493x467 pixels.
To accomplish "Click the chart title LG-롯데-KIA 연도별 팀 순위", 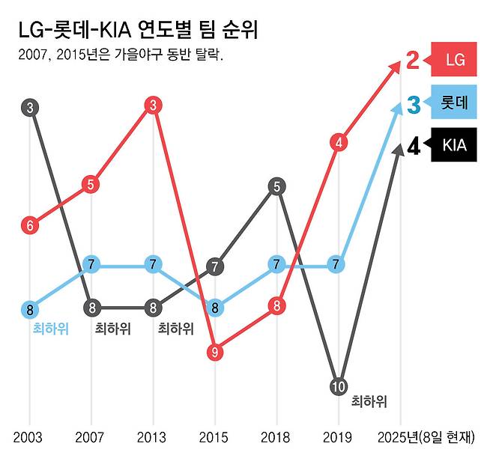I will tap(143, 31).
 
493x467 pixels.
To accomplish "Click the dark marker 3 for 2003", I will tap(30, 108).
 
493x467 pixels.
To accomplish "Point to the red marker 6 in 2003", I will tap(30, 225).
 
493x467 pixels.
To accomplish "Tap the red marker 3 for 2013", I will tap(153, 105).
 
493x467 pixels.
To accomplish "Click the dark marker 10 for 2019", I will tap(339, 386).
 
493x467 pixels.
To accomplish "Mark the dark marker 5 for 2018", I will tap(277, 186).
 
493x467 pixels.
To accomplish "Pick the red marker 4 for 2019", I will tap(339, 142).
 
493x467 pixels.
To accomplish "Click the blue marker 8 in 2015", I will tap(215, 307).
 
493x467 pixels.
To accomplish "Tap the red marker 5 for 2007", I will tap(91, 184).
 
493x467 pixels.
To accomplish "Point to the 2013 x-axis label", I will tap(153, 437).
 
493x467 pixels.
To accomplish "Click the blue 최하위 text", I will tap(51, 329).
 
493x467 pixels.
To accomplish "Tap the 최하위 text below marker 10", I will tap(369, 401).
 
